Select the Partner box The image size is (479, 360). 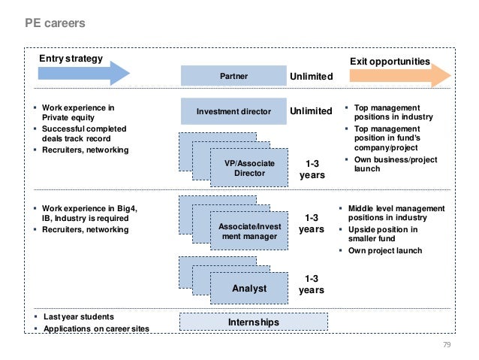233,76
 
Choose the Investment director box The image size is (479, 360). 233,111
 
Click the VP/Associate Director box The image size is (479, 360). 249,168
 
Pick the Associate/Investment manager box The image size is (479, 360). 249,231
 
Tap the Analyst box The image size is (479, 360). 249,288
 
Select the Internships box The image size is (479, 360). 253,322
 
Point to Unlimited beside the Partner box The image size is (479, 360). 311,77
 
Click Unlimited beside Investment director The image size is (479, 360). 311,111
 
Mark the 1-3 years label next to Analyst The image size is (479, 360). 312,284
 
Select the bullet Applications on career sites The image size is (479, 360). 95,328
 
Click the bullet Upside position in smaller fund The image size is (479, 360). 382,234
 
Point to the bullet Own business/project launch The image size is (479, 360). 386,163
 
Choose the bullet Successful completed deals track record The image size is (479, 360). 84,134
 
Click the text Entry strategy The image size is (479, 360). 71,59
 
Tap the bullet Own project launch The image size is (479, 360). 384,250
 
